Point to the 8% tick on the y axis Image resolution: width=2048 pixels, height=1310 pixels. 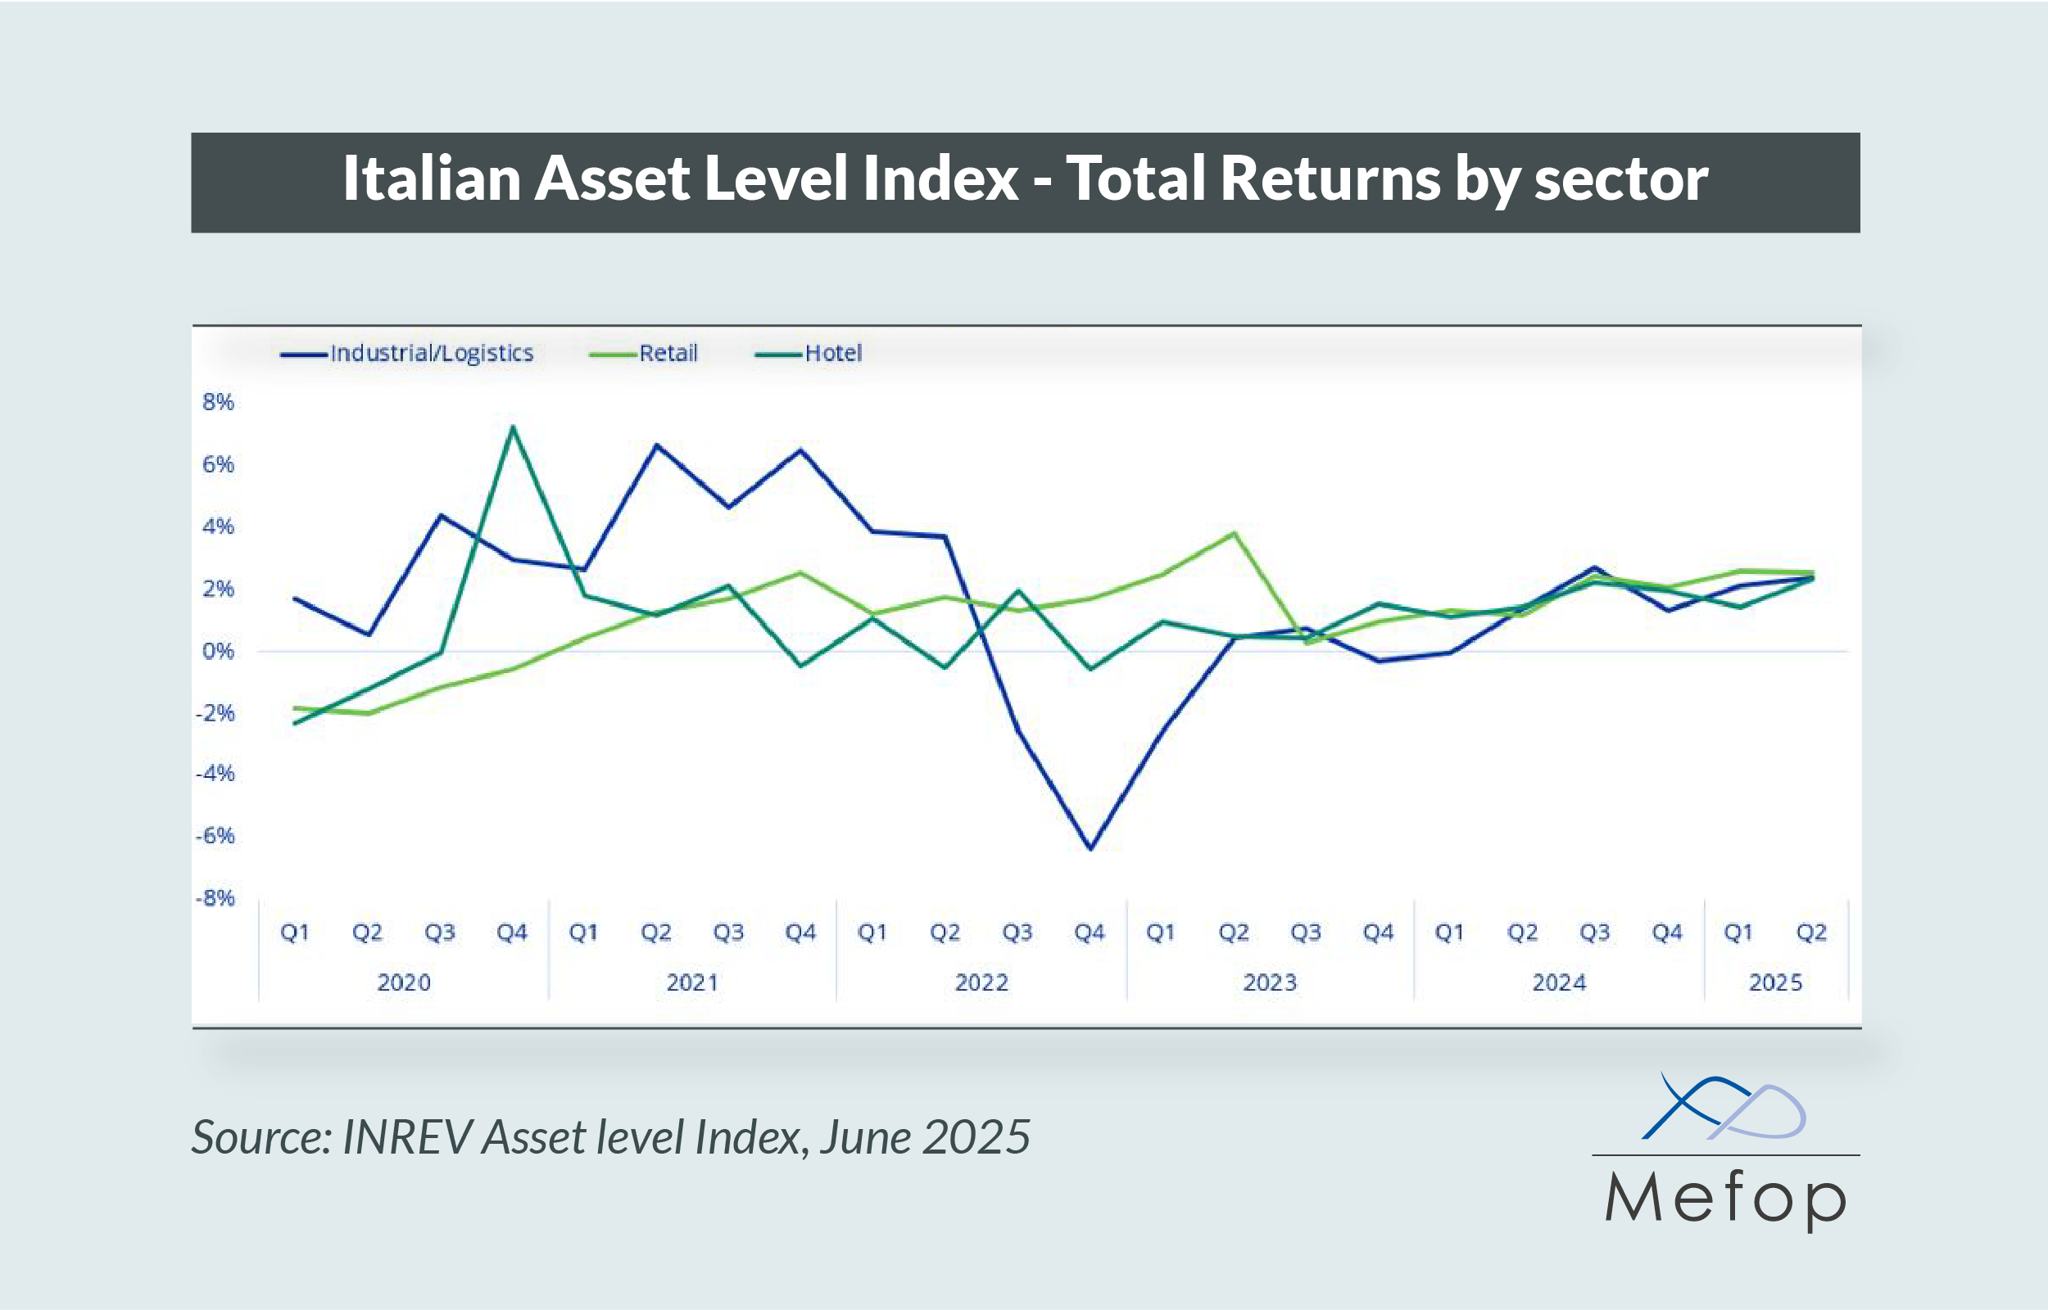218,402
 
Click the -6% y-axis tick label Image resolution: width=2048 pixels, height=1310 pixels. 215,836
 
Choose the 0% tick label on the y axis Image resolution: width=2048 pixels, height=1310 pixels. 218,652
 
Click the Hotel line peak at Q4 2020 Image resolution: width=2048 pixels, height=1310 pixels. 512,427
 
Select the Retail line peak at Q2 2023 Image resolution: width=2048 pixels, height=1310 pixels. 1235,533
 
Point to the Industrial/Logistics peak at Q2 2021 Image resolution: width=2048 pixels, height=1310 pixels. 657,445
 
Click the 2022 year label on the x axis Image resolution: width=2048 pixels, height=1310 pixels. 981,983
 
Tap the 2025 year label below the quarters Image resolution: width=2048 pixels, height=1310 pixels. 1775,983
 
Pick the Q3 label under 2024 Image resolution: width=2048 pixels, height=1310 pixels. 1594,933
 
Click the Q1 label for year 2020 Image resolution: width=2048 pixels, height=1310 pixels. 294,933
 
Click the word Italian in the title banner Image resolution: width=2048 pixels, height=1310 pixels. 431,179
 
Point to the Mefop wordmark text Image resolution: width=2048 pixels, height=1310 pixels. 1725,1199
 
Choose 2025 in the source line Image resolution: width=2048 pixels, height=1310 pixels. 976,1137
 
